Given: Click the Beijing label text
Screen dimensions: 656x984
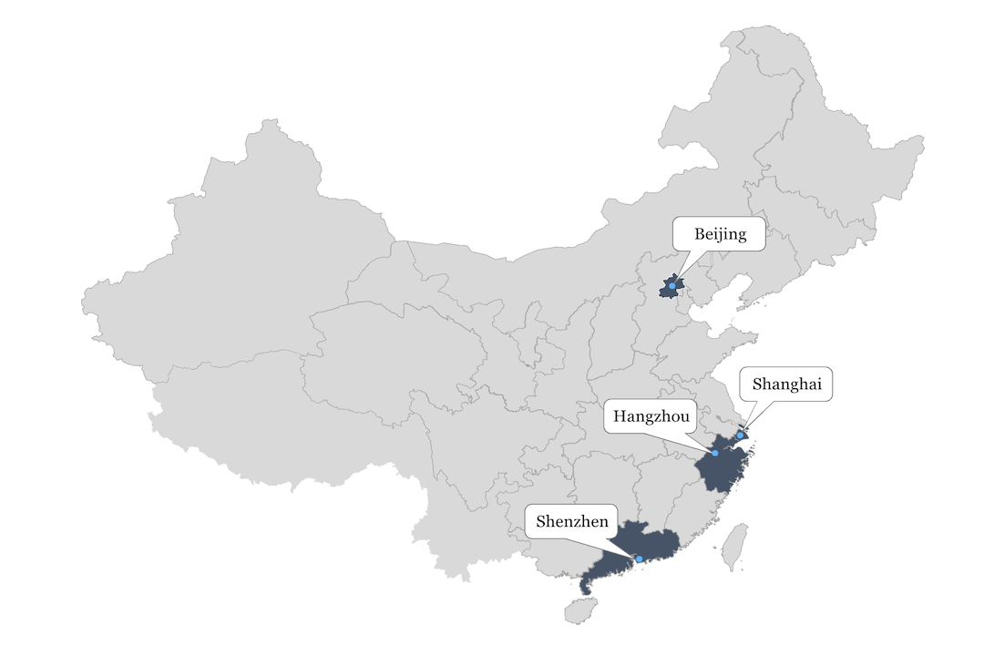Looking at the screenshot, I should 720,234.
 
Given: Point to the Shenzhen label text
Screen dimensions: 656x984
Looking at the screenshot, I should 572,522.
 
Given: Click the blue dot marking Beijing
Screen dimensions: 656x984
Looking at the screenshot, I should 671,287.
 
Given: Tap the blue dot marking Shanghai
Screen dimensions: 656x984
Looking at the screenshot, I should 740,436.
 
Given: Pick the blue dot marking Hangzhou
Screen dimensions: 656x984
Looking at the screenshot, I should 715,453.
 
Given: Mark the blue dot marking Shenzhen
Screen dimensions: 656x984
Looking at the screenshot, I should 639,559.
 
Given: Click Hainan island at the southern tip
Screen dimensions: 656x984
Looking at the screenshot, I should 578,610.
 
